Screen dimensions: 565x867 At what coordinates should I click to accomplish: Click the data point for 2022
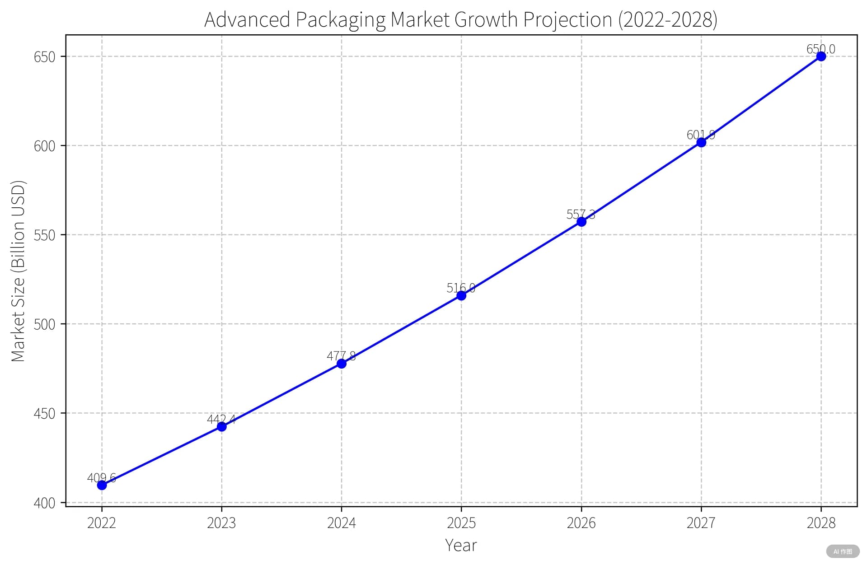102,485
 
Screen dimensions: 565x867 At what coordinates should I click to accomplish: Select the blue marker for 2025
461,295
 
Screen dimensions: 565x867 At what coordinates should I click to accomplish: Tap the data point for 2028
821,56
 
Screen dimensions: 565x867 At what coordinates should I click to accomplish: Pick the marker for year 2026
581,222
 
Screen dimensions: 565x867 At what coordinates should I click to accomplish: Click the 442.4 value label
221,419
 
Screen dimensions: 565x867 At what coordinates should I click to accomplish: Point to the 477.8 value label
341,356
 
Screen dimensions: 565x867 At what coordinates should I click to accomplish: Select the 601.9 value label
701,135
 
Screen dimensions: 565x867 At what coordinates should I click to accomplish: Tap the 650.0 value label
820,49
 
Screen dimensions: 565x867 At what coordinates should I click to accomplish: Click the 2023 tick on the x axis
221,523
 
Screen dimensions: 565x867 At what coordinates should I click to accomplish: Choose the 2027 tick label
701,523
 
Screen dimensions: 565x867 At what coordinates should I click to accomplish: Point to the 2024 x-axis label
341,523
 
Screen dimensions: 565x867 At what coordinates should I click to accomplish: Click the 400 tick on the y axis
44,503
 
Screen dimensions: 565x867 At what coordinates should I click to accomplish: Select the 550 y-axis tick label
44,235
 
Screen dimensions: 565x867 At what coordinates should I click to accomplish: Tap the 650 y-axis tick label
44,57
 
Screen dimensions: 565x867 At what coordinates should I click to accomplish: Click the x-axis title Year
461,545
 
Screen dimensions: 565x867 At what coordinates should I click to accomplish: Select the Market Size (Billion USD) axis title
18,271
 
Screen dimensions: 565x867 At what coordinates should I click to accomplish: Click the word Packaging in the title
341,20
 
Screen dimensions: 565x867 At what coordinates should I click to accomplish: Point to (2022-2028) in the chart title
667,20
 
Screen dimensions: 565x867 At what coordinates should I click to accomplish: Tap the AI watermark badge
843,551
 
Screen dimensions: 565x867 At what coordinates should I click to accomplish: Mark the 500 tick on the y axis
44,324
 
